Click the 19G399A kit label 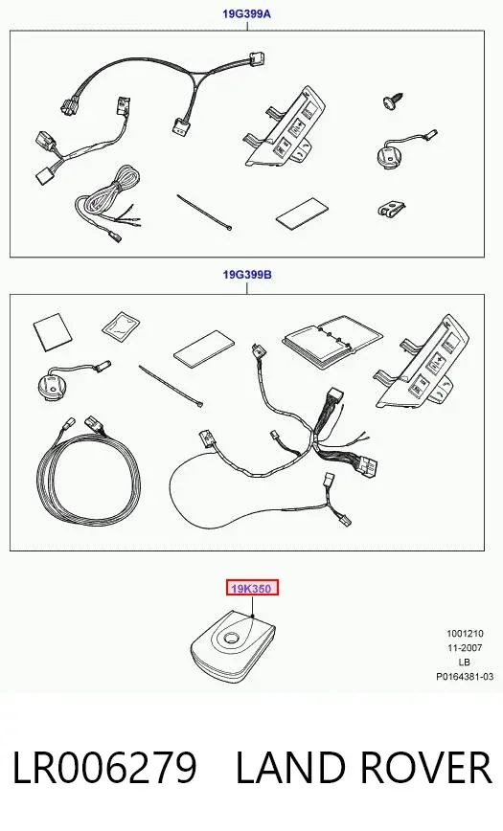(246, 13)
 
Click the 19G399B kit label (247, 275)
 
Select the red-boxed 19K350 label (252, 588)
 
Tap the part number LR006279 (104, 768)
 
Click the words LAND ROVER (364, 768)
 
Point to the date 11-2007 (465, 647)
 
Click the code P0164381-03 (465, 677)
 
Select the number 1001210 (465, 634)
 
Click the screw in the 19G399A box (393, 101)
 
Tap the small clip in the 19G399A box (392, 209)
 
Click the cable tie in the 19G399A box (204, 213)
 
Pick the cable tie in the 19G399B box (171, 386)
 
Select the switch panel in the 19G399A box (286, 129)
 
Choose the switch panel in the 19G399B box (422, 363)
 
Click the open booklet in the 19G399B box (332, 341)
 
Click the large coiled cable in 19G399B (88, 472)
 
